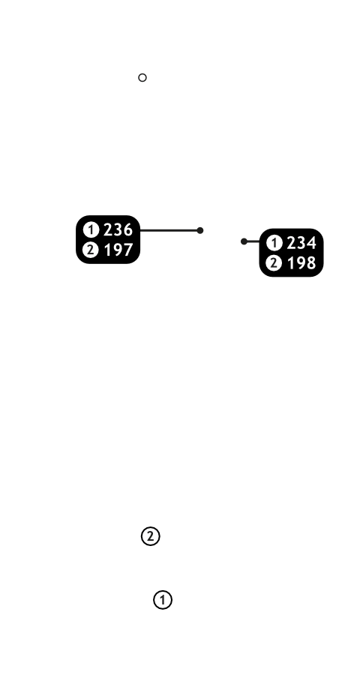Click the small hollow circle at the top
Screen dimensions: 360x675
click(142, 77)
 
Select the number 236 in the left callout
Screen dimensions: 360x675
click(118, 230)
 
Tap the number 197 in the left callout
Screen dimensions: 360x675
click(118, 250)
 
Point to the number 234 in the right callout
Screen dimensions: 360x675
click(301, 243)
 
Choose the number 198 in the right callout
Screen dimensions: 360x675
click(301, 262)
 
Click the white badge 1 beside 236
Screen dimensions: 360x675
click(91, 230)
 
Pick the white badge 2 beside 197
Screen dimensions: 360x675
click(91, 250)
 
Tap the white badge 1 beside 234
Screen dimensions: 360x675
click(274, 243)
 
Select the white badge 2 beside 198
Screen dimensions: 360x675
click(274, 262)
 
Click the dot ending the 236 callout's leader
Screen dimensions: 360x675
click(199, 230)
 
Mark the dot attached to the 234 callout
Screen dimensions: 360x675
click(244, 241)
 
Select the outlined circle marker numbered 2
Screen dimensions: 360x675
click(150, 536)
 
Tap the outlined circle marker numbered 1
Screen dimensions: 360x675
click(163, 600)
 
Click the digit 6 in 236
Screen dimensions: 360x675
click(128, 230)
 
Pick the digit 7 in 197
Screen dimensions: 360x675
click(128, 250)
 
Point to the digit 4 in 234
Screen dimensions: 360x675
click(311, 243)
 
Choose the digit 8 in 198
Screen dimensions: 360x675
click(311, 262)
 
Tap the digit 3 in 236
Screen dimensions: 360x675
click(118, 230)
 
